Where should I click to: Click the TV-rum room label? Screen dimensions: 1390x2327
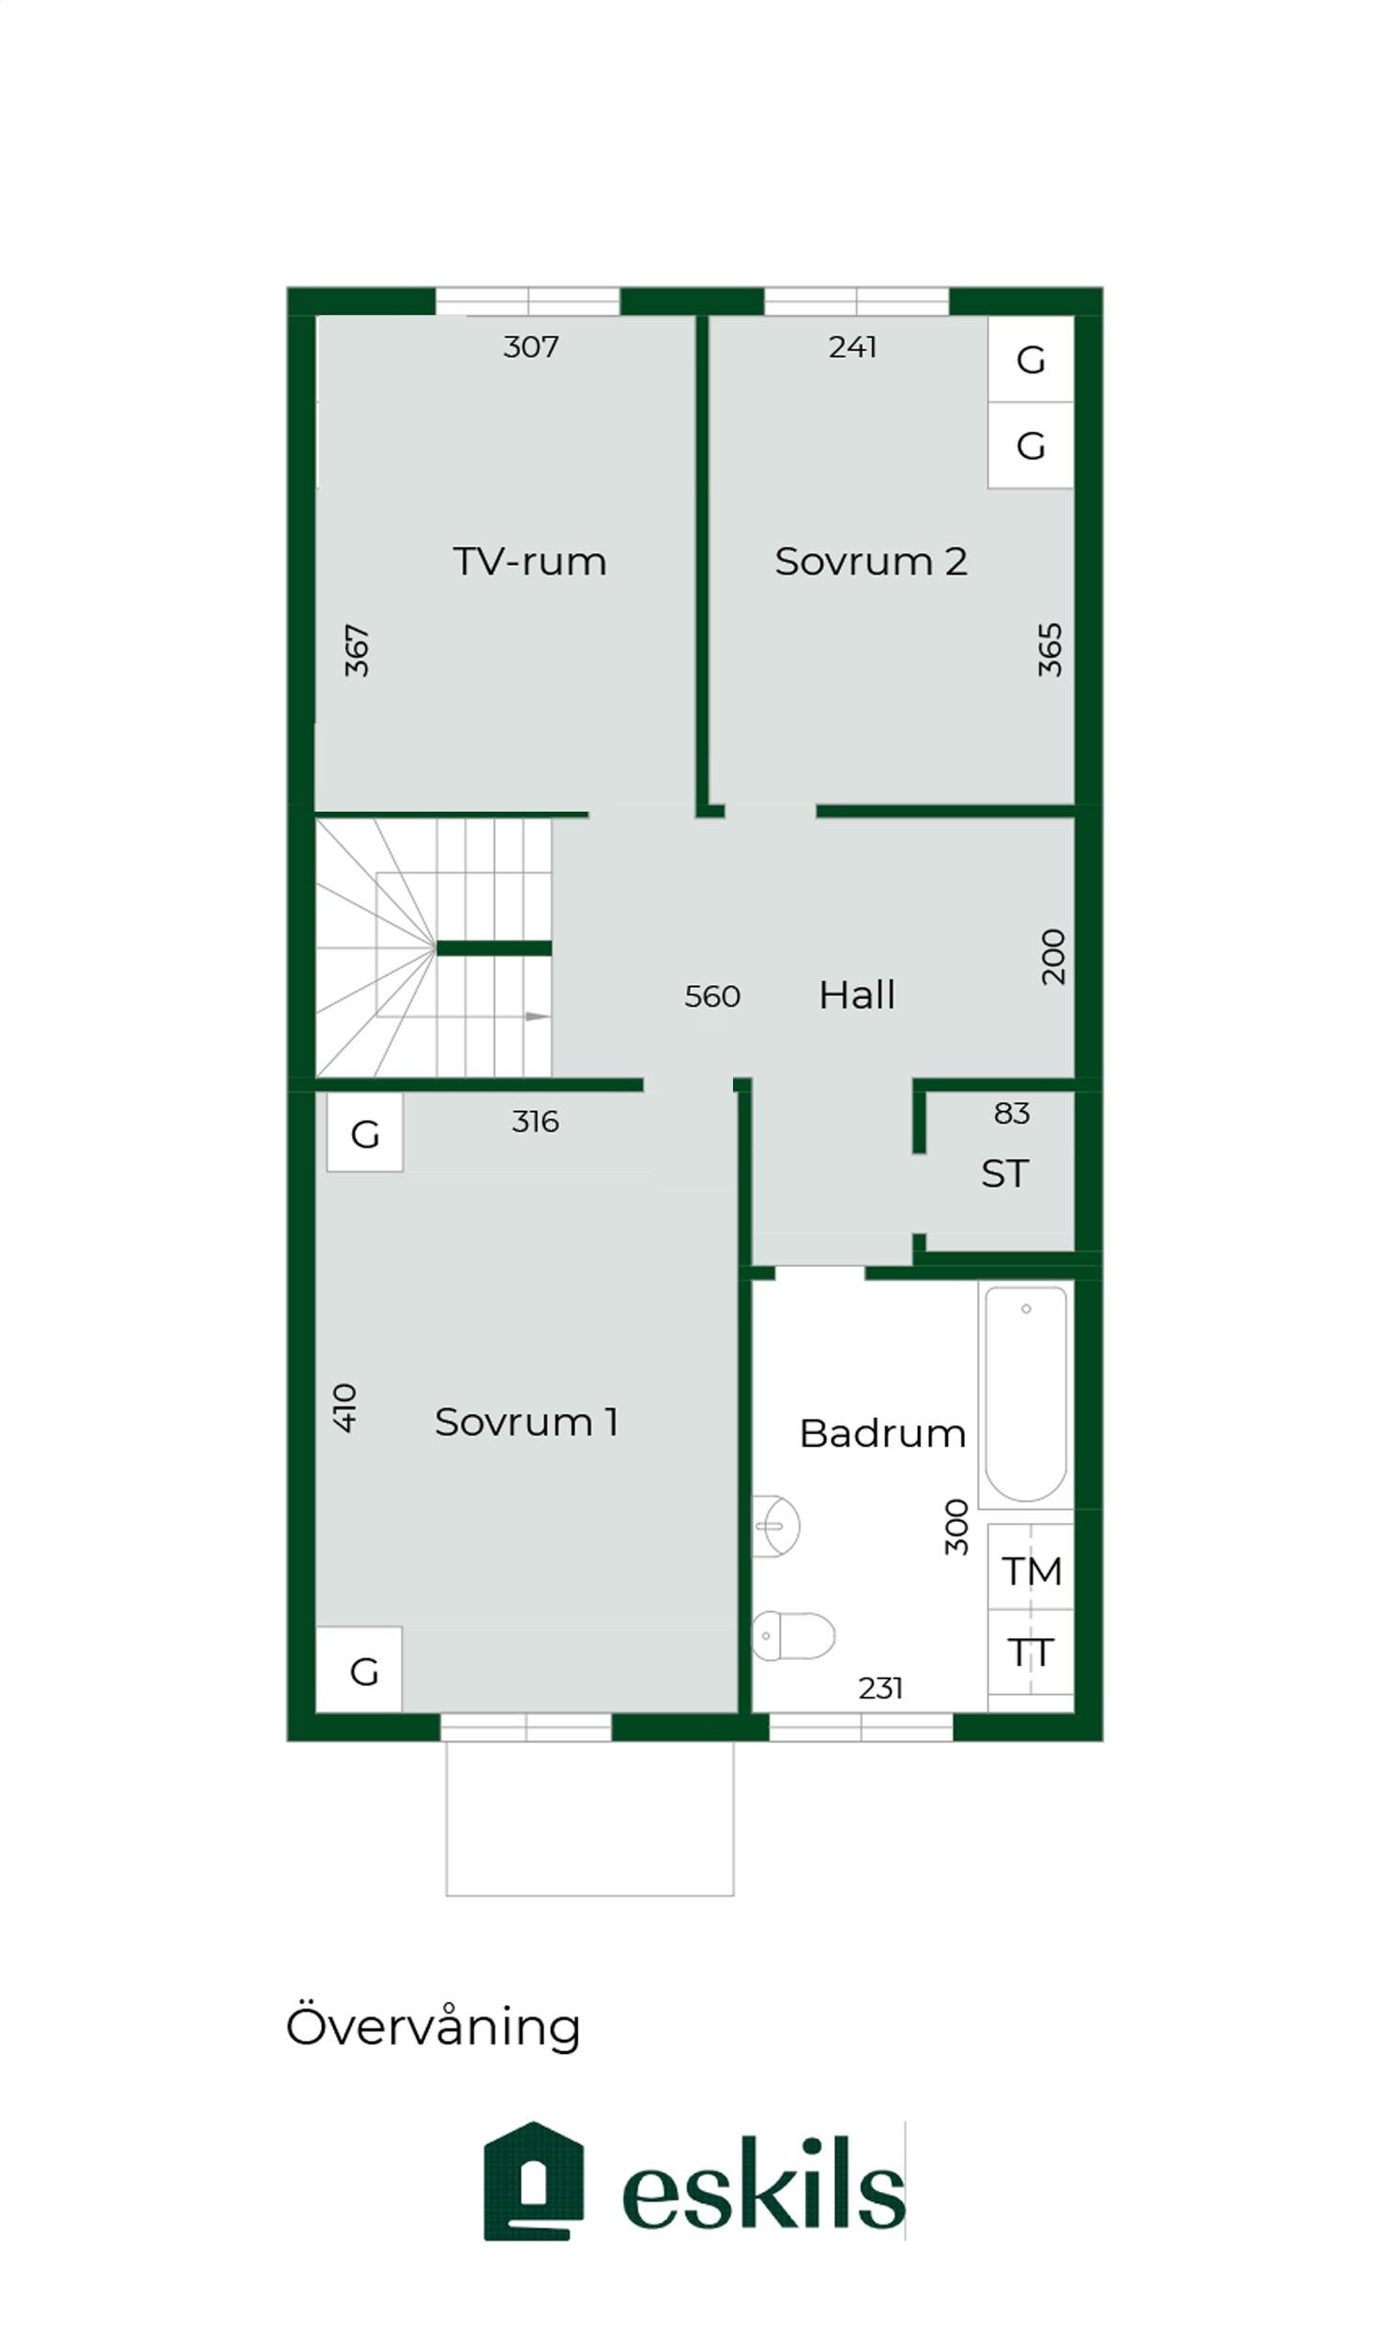[x=529, y=561]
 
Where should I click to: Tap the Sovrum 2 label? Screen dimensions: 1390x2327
[x=870, y=561]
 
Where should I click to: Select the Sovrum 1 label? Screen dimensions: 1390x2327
[x=526, y=1422]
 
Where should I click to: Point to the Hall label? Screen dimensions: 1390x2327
[x=856, y=995]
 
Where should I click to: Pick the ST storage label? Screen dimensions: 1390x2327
[x=1004, y=1173]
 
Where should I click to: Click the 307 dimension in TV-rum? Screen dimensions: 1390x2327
[x=530, y=347]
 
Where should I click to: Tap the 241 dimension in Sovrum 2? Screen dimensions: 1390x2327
[x=852, y=347]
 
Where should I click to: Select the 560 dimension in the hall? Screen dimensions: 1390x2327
[x=712, y=996]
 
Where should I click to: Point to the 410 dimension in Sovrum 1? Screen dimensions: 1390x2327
[x=345, y=1407]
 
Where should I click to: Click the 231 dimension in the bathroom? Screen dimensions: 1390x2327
[x=879, y=1688]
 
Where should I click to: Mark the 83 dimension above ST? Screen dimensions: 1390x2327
[x=1011, y=1113]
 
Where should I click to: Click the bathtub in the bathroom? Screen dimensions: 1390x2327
[x=1026, y=1394]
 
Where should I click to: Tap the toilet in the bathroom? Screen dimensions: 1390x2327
[x=793, y=1635]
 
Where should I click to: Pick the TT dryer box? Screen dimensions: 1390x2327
[x=1031, y=1652]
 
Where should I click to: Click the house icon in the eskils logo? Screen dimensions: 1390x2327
[x=533, y=2182]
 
